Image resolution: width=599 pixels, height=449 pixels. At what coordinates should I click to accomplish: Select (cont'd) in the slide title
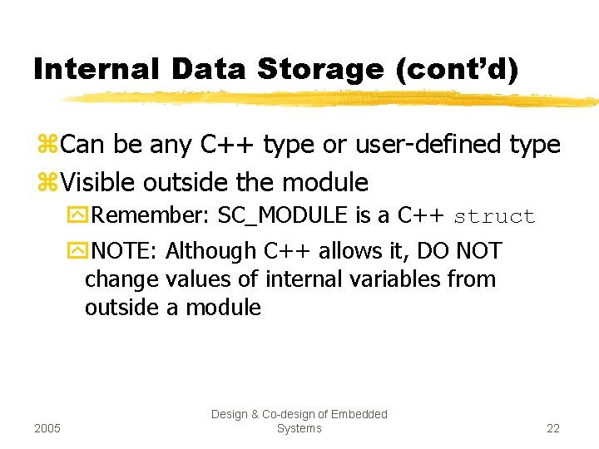click(x=457, y=69)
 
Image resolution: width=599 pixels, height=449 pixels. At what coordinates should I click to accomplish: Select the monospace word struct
click(x=494, y=217)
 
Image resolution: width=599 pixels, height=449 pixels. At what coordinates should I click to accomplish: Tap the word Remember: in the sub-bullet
click(x=151, y=216)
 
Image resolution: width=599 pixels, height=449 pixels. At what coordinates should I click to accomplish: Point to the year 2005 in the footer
click(x=48, y=428)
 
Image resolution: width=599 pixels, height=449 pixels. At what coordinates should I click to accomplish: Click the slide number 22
click(x=552, y=428)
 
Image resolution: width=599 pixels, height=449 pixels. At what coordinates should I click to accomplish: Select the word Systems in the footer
click(x=299, y=428)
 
